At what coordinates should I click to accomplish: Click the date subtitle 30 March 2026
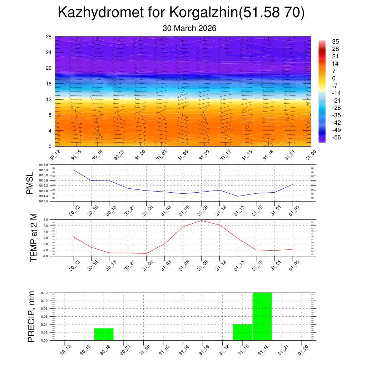click(x=189, y=28)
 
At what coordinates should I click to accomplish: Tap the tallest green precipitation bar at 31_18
click(x=262, y=316)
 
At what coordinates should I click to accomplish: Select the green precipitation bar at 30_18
click(x=104, y=334)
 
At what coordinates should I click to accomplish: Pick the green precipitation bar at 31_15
click(x=242, y=332)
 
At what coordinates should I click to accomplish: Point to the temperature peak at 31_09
click(x=201, y=221)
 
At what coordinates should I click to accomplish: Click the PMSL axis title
click(x=30, y=183)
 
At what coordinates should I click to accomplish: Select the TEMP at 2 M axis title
click(x=34, y=238)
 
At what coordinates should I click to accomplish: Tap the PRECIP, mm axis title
click(x=31, y=316)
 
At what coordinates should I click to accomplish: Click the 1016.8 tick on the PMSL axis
click(x=46, y=165)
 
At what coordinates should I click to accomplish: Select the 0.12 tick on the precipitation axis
click(x=44, y=293)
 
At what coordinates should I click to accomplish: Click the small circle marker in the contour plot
click(x=247, y=127)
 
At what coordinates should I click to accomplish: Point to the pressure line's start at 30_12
click(x=73, y=170)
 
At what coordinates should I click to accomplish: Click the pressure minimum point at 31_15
click(x=238, y=196)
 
